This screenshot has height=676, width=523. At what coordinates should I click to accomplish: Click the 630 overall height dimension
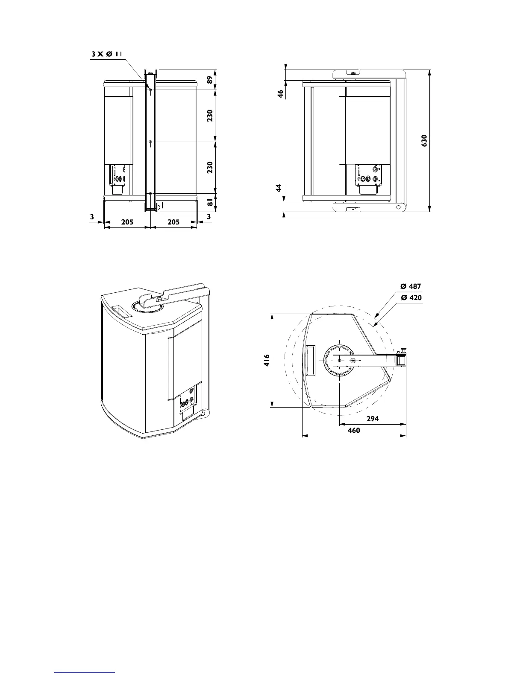click(424, 141)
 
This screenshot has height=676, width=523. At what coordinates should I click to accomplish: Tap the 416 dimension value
click(267, 361)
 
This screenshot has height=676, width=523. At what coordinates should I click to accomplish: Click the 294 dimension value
click(373, 419)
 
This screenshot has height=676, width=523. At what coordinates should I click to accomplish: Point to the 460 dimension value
click(354, 431)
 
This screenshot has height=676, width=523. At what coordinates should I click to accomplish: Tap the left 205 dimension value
click(127, 222)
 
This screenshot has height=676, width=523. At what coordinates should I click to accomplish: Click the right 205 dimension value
click(173, 222)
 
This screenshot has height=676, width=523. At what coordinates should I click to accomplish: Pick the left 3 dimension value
click(92, 217)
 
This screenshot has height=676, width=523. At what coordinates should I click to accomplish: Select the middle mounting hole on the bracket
click(150, 142)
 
